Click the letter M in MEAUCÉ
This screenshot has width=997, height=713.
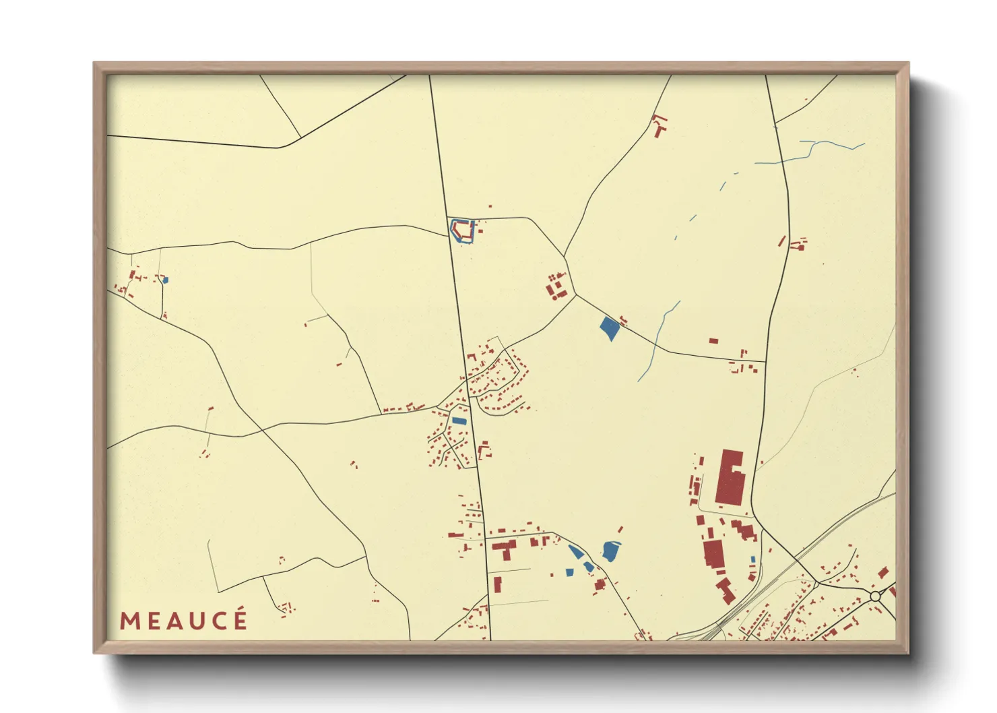pyautogui.click(x=129, y=621)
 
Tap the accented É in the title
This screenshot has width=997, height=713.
pyautogui.click(x=239, y=619)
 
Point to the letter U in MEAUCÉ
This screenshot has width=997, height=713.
pyautogui.click(x=195, y=621)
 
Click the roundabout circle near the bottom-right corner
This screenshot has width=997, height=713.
pyautogui.click(x=875, y=596)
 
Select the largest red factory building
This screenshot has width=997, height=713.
pyautogui.click(x=729, y=478)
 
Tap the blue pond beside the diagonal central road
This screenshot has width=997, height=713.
pyautogui.click(x=609, y=328)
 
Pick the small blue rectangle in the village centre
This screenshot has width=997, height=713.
pyautogui.click(x=459, y=421)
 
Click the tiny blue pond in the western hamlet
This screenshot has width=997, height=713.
pyautogui.click(x=166, y=280)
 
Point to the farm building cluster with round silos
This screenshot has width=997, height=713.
pyautogui.click(x=556, y=288)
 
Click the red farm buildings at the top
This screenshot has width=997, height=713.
pyautogui.click(x=660, y=126)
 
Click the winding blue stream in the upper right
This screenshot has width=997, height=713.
pyautogui.click(x=808, y=152)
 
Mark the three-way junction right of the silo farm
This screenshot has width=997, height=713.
pyautogui.click(x=576, y=294)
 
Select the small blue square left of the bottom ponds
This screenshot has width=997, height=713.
pyautogui.click(x=569, y=572)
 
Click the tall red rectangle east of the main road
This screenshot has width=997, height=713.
pyautogui.click(x=498, y=584)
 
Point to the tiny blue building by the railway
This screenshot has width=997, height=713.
pyautogui.click(x=752, y=559)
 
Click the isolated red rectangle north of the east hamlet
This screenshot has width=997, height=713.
pyautogui.click(x=713, y=341)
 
